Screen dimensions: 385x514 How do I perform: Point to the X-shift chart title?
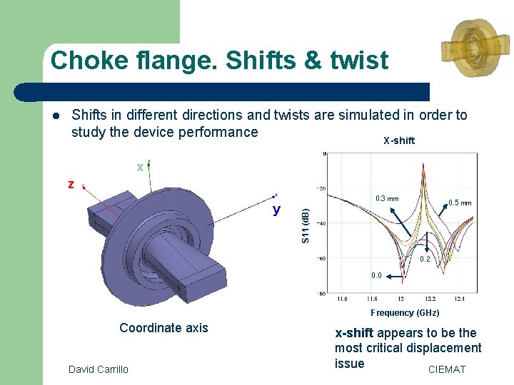[398, 140]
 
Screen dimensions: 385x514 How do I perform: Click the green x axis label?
[141, 167]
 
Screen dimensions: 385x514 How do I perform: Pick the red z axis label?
[71, 184]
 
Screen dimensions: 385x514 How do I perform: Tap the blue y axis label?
[276, 210]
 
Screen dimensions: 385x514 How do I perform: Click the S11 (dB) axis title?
[306, 225]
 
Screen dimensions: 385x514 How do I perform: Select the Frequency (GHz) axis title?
[405, 313]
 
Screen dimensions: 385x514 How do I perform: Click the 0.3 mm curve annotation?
[387, 199]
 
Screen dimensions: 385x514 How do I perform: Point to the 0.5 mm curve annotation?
[460, 202]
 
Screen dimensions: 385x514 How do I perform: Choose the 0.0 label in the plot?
[376, 275]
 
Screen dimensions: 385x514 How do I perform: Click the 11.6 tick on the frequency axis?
[343, 299]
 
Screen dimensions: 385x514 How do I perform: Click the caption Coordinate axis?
[163, 328]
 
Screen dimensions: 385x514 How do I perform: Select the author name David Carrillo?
[99, 369]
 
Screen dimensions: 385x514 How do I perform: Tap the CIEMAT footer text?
[446, 369]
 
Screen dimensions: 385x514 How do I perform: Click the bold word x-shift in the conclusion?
[355, 333]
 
